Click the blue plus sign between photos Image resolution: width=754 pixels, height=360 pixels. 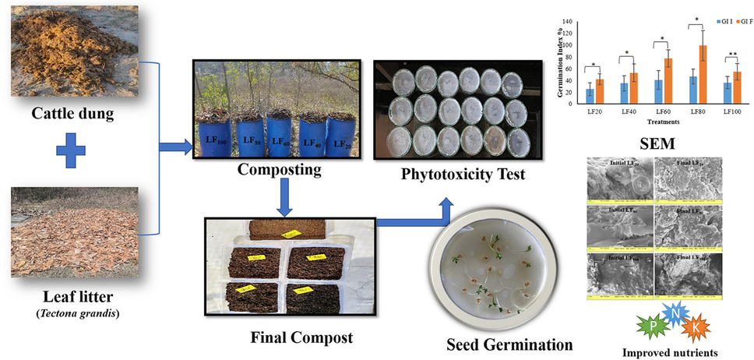[71, 152]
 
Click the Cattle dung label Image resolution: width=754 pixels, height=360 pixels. [72, 115]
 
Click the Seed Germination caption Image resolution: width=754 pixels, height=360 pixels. [510, 344]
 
